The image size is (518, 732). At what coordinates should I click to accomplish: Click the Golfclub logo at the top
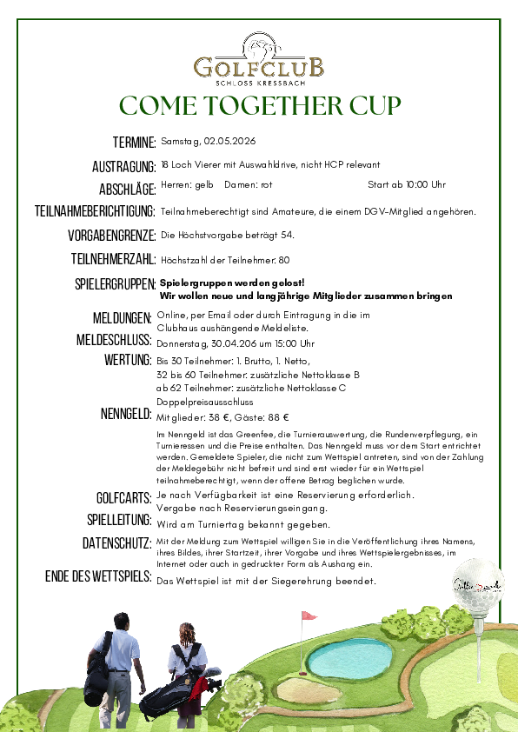tap(259, 58)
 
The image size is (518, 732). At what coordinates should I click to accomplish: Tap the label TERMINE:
tap(134, 143)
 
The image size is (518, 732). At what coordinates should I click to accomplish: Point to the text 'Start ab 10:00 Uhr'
tap(407, 184)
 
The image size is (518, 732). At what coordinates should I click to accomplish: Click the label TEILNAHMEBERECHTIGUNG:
tap(95, 211)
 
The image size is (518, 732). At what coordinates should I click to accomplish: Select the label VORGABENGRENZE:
tap(112, 236)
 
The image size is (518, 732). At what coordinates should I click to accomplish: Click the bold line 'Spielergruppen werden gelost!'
tap(232, 283)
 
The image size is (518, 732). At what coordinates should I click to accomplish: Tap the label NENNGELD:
tap(127, 414)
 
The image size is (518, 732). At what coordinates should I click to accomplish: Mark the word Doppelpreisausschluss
tap(204, 403)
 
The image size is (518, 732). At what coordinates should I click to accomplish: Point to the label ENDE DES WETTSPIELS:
tap(98, 577)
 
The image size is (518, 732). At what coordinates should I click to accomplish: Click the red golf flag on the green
tap(307, 616)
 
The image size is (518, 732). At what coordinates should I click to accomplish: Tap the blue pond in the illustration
tap(351, 658)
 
